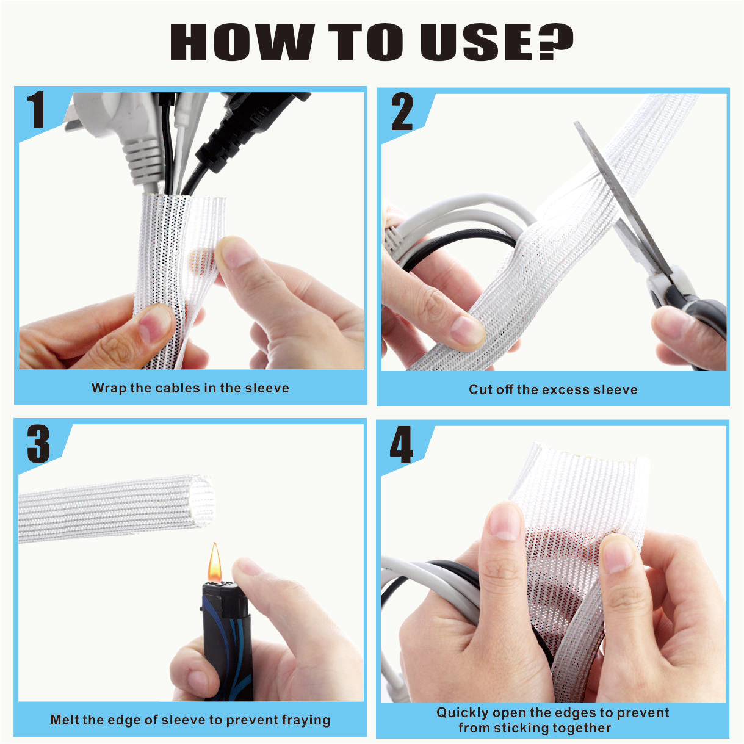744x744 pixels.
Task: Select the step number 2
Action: point(402,112)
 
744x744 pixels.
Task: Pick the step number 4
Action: point(401,445)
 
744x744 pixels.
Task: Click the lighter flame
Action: point(215,563)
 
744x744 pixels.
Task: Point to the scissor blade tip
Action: point(576,123)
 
